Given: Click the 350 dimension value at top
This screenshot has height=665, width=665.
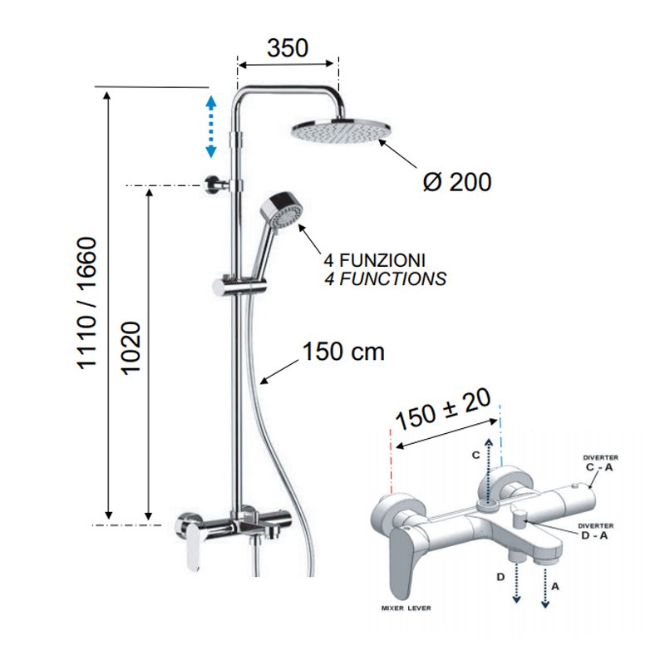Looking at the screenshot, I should [x=288, y=47].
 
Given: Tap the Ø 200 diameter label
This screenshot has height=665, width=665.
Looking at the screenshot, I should [x=457, y=181].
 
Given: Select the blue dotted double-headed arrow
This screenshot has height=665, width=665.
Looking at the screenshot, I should [x=210, y=126].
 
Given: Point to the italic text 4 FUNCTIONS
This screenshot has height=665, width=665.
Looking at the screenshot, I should [x=385, y=279].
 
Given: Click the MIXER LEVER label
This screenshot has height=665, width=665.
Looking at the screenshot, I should [x=406, y=608].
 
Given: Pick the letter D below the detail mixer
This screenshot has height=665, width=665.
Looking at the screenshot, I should [x=500, y=576].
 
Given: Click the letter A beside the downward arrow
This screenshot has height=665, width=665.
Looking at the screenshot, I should [x=555, y=584].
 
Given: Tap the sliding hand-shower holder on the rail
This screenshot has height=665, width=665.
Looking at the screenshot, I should [x=236, y=286].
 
